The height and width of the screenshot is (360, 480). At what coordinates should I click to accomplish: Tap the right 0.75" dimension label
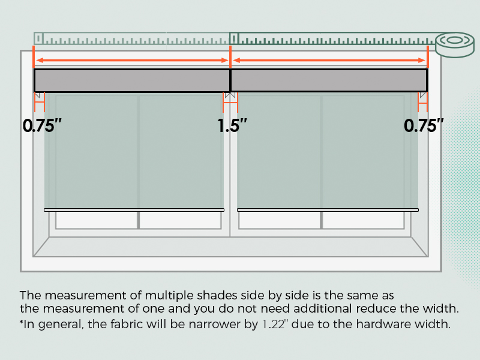click(424, 126)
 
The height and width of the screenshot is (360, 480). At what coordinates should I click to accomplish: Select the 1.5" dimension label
click(232, 126)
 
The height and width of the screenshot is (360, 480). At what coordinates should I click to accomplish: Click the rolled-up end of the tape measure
click(454, 43)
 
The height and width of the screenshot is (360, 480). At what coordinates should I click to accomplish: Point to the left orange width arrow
click(132, 60)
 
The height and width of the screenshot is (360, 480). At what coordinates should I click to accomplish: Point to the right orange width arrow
click(329, 60)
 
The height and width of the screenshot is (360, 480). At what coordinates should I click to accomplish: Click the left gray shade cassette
click(132, 80)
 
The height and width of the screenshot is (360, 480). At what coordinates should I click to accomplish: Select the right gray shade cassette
click(329, 80)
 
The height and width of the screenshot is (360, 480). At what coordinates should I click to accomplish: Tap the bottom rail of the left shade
click(134, 210)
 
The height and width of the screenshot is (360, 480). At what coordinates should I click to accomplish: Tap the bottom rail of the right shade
click(328, 210)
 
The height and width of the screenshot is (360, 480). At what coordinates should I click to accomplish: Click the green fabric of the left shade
click(134, 150)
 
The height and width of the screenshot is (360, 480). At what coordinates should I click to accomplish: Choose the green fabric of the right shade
click(328, 150)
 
